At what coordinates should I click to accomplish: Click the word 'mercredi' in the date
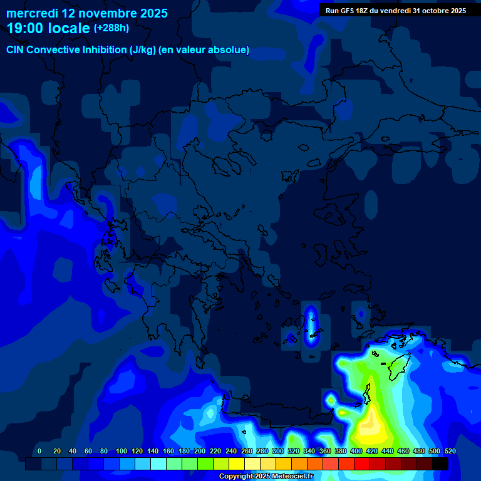[32, 13]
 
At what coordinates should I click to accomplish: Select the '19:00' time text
[26, 29]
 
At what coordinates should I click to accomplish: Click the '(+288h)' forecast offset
[111, 28]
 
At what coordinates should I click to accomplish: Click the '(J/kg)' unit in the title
[143, 49]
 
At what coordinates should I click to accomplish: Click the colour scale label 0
[39, 451]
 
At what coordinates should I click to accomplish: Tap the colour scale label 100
[122, 451]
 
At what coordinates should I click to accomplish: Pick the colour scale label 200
[200, 451]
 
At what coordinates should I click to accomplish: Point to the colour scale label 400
[356, 451]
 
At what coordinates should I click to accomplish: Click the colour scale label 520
[450, 451]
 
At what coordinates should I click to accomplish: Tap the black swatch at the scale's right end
[440, 463]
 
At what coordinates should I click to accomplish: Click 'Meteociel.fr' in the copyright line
[289, 476]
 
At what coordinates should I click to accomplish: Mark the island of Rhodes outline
[397, 366]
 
